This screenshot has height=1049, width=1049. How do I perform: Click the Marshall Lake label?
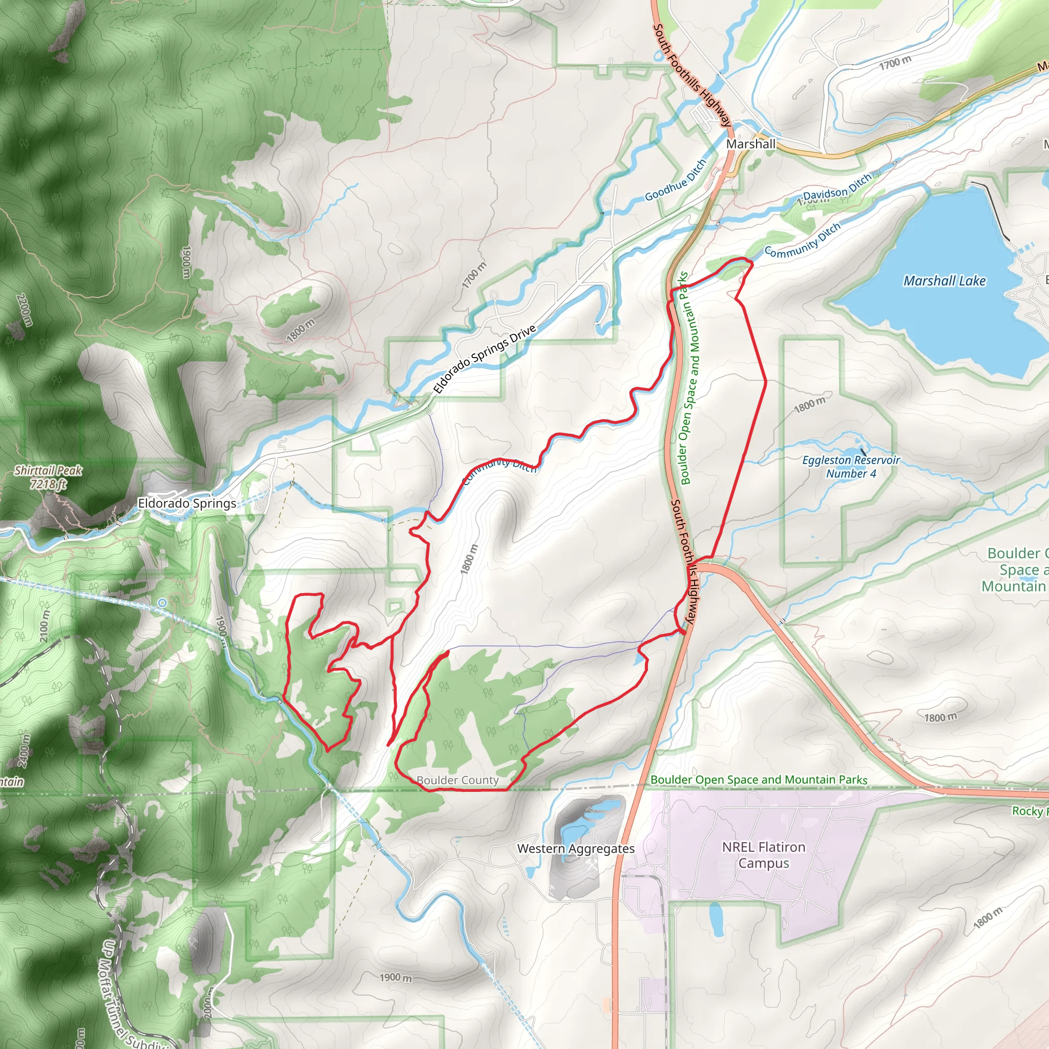[x=944, y=281]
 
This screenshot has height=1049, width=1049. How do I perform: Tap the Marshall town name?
[x=750, y=144]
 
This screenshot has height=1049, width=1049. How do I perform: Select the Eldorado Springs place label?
[x=187, y=503]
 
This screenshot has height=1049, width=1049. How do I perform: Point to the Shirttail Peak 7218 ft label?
[x=48, y=477]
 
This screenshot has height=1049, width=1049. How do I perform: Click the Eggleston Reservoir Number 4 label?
[x=851, y=467]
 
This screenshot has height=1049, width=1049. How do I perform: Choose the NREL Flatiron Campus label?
[x=763, y=855]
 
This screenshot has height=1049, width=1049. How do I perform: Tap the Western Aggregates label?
[x=576, y=849]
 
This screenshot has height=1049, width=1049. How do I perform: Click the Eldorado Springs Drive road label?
[x=485, y=359]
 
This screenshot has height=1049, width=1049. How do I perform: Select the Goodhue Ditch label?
[x=676, y=180]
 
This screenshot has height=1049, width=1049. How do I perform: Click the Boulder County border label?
[x=457, y=780]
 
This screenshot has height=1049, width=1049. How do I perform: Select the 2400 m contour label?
[x=24, y=751]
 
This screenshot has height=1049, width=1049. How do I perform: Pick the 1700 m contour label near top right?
[x=895, y=64]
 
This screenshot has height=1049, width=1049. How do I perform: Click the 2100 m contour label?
[x=45, y=626]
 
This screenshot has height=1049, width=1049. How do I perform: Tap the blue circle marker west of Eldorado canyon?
[x=162, y=603]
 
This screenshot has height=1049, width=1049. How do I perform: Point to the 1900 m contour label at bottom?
[x=395, y=977]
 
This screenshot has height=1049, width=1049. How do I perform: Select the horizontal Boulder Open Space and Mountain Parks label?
[x=759, y=780]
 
